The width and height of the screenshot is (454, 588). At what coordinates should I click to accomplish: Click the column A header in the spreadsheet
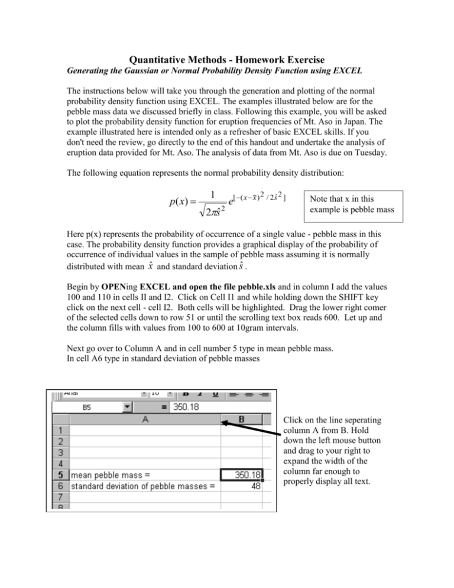coord(144,419)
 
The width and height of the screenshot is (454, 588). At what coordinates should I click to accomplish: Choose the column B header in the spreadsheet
coord(242,419)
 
